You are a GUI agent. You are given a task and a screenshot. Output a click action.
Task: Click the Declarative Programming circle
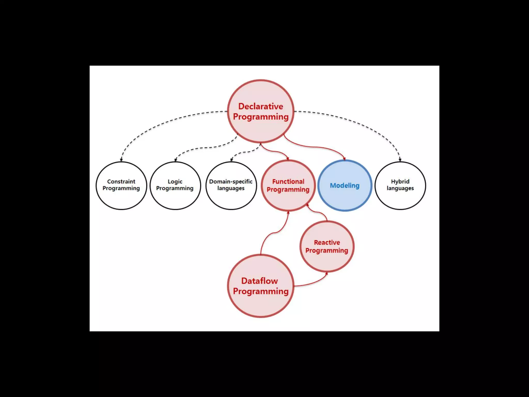point(261,111)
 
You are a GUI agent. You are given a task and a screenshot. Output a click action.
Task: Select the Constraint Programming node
point(121,185)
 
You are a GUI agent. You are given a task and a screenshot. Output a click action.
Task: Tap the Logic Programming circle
point(175,185)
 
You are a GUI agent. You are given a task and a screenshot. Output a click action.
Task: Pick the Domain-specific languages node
point(231,185)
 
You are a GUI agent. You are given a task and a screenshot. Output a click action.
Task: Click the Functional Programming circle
point(288,185)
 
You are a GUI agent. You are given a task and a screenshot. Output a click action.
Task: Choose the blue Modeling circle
point(345,185)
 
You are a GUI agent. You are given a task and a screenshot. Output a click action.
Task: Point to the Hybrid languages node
point(400,185)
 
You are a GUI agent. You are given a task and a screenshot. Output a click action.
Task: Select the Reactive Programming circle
point(327,246)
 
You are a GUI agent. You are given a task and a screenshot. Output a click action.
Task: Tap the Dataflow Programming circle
point(261,286)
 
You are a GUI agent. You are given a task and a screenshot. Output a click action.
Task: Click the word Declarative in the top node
point(261,106)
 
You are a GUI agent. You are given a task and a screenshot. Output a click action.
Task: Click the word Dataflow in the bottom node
point(259,281)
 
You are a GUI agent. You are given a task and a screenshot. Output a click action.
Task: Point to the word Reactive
point(327,242)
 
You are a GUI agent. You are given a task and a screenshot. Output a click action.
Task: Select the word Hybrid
point(400,181)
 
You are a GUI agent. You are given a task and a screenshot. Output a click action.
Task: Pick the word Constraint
point(121,181)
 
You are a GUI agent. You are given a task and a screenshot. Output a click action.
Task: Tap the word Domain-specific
point(231,181)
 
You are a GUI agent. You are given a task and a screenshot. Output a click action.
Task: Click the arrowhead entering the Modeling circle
point(344,159)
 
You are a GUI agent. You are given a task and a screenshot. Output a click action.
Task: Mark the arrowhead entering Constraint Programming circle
point(121,160)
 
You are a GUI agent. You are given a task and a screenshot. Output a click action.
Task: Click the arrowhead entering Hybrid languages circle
point(400,160)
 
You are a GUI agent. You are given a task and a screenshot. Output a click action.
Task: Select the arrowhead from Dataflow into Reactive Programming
point(326,273)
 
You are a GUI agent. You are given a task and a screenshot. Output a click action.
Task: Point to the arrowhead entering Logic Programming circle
point(176,160)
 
